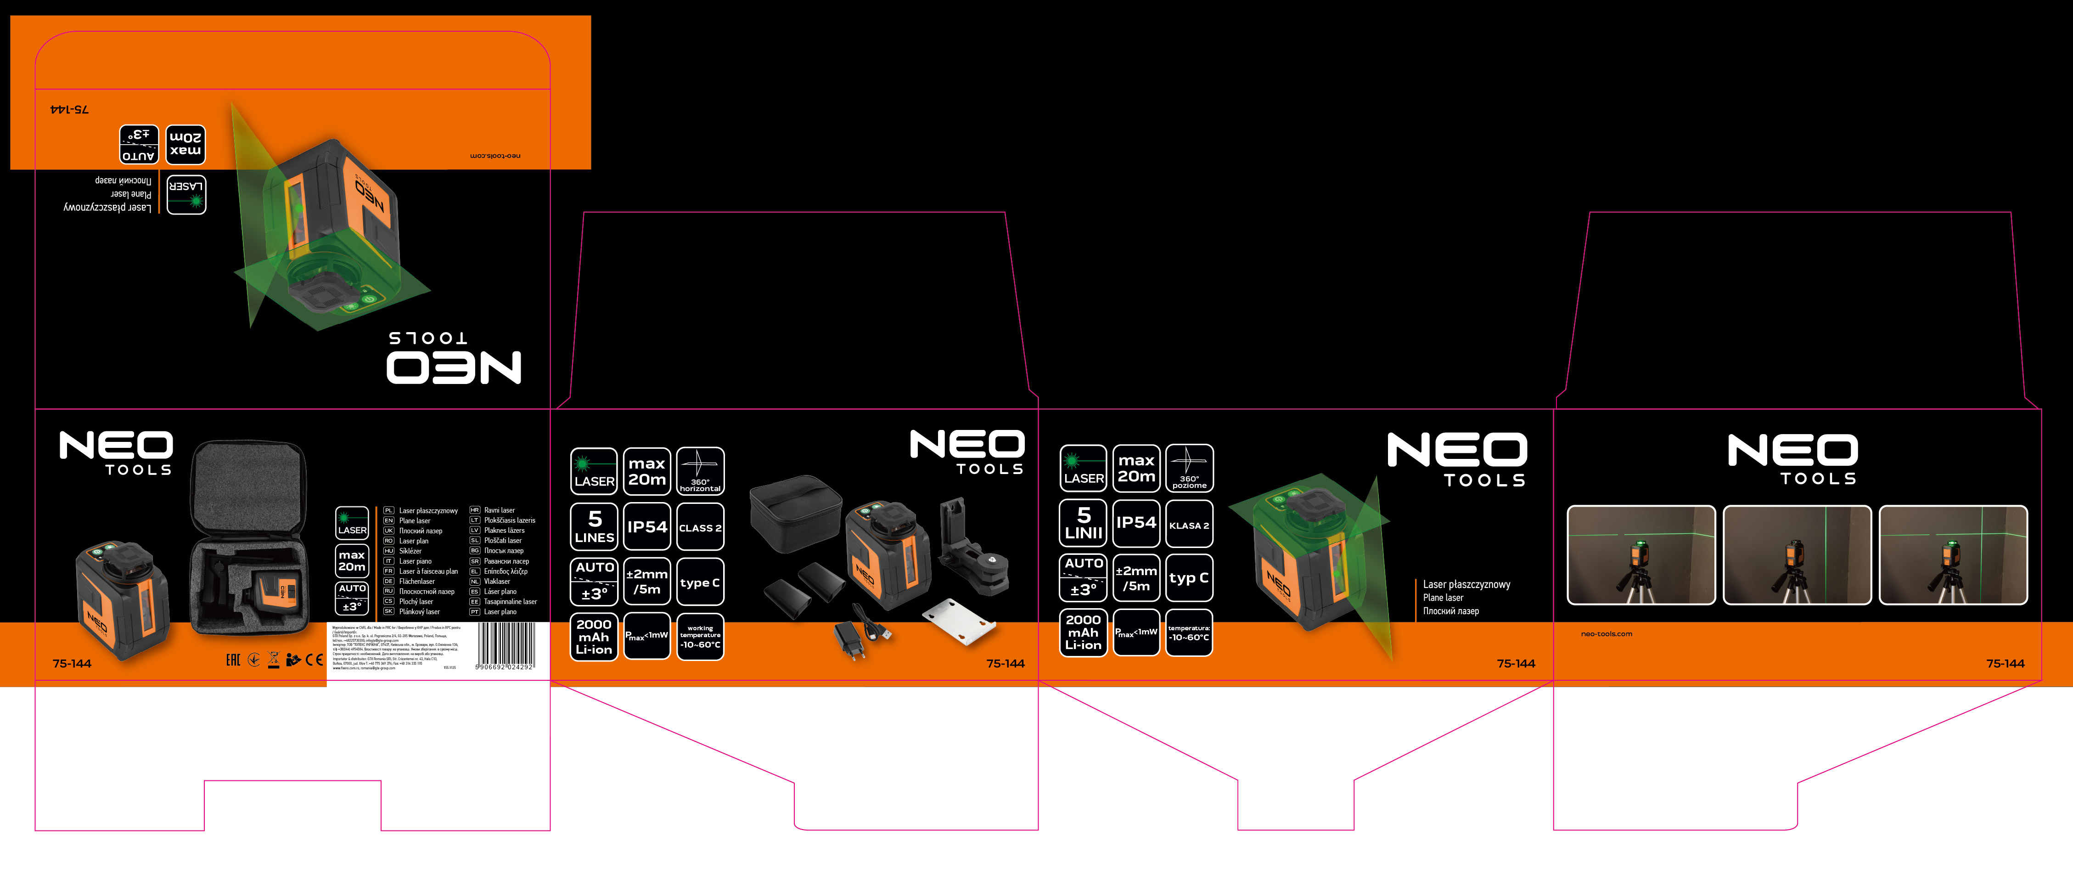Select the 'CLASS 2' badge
click(x=700, y=527)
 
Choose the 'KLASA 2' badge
click(x=1189, y=525)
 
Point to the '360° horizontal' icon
click(x=700, y=471)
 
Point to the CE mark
click(x=314, y=660)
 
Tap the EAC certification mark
click(x=233, y=660)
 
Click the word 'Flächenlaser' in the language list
click(x=417, y=581)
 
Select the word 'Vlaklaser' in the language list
click(x=496, y=581)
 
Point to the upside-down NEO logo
click(x=454, y=366)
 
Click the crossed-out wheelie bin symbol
click(x=274, y=660)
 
